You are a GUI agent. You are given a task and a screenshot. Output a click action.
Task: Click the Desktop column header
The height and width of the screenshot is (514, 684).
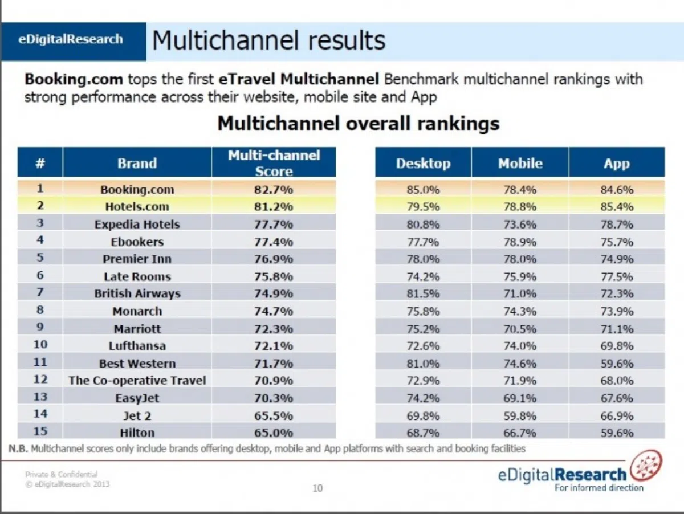pos(423,164)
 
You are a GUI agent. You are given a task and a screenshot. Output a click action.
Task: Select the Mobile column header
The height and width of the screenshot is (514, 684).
pos(520,164)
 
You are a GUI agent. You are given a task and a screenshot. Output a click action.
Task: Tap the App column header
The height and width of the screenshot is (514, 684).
pos(617,164)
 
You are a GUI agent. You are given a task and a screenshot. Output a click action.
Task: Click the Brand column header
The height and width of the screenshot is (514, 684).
pos(137,164)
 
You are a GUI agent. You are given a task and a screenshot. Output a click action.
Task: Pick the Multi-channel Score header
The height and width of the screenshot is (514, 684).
pos(274,163)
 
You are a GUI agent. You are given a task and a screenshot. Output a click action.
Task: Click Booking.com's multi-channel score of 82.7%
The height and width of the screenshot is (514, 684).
pos(274,190)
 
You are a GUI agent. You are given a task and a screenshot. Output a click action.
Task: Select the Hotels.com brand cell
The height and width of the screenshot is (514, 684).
pos(137,206)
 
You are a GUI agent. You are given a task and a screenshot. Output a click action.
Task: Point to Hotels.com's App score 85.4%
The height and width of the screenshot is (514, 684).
pos(617,206)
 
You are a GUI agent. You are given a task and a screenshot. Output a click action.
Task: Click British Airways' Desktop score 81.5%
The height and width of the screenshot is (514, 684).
pos(423,293)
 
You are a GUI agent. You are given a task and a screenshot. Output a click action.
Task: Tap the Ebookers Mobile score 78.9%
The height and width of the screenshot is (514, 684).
pos(520,242)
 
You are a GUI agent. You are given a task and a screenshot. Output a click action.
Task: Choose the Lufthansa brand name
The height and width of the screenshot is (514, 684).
pos(137,346)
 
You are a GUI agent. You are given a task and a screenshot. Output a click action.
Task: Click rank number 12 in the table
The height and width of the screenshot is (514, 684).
pos(40,379)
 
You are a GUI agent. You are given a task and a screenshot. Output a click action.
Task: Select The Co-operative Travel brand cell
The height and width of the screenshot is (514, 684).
pos(137,380)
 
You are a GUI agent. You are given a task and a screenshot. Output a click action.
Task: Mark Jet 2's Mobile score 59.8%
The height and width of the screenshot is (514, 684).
pos(520,416)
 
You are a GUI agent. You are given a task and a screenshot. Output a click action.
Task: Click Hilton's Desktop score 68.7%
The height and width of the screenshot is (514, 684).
pos(423,433)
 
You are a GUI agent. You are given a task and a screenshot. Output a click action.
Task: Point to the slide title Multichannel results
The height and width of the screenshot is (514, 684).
pos(268,40)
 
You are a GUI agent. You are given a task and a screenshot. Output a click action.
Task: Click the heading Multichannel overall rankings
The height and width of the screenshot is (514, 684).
pos(359,123)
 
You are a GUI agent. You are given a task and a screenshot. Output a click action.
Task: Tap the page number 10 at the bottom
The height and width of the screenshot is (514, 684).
pos(317,488)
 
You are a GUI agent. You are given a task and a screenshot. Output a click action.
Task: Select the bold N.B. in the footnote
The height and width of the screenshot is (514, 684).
pos(18,448)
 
